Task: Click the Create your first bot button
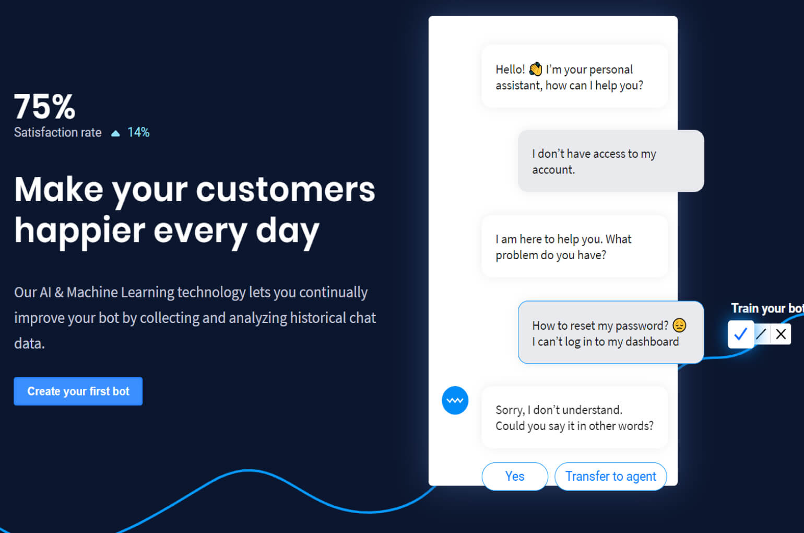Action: (78, 391)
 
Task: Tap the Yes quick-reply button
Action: (514, 476)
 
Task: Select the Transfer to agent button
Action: (610, 476)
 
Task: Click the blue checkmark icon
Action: (740, 334)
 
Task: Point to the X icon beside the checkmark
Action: (781, 334)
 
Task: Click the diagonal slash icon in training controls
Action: (761, 334)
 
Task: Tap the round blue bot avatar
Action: (455, 401)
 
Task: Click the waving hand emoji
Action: (535, 69)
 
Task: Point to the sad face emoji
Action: (679, 325)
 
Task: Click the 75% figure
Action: (44, 107)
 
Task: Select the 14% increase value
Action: (138, 133)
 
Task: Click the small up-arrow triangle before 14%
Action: (115, 134)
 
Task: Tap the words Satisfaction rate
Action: (57, 133)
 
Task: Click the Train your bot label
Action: (766, 308)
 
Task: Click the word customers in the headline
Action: (286, 189)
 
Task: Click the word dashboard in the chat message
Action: (652, 342)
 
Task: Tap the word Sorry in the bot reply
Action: (509, 410)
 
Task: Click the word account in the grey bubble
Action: (552, 170)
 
